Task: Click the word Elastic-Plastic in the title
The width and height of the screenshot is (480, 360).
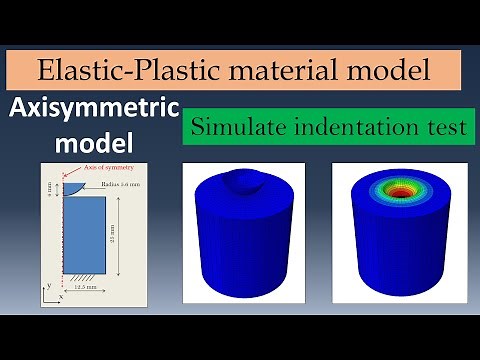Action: tap(120, 70)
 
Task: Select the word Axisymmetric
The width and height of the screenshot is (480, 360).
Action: tap(91, 110)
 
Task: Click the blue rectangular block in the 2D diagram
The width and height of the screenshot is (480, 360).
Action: tap(82, 235)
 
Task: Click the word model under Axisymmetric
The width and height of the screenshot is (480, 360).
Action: tap(91, 142)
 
